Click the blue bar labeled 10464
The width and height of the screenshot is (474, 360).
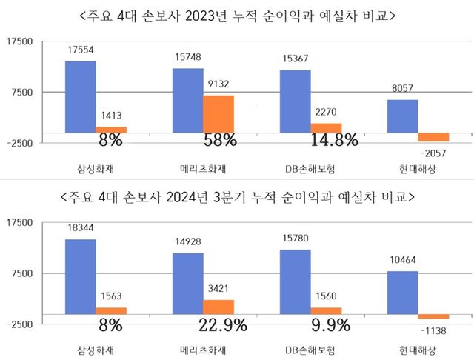(404, 293)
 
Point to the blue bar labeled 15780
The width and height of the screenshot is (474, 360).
(295, 281)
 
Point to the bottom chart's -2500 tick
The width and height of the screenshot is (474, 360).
(19, 324)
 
